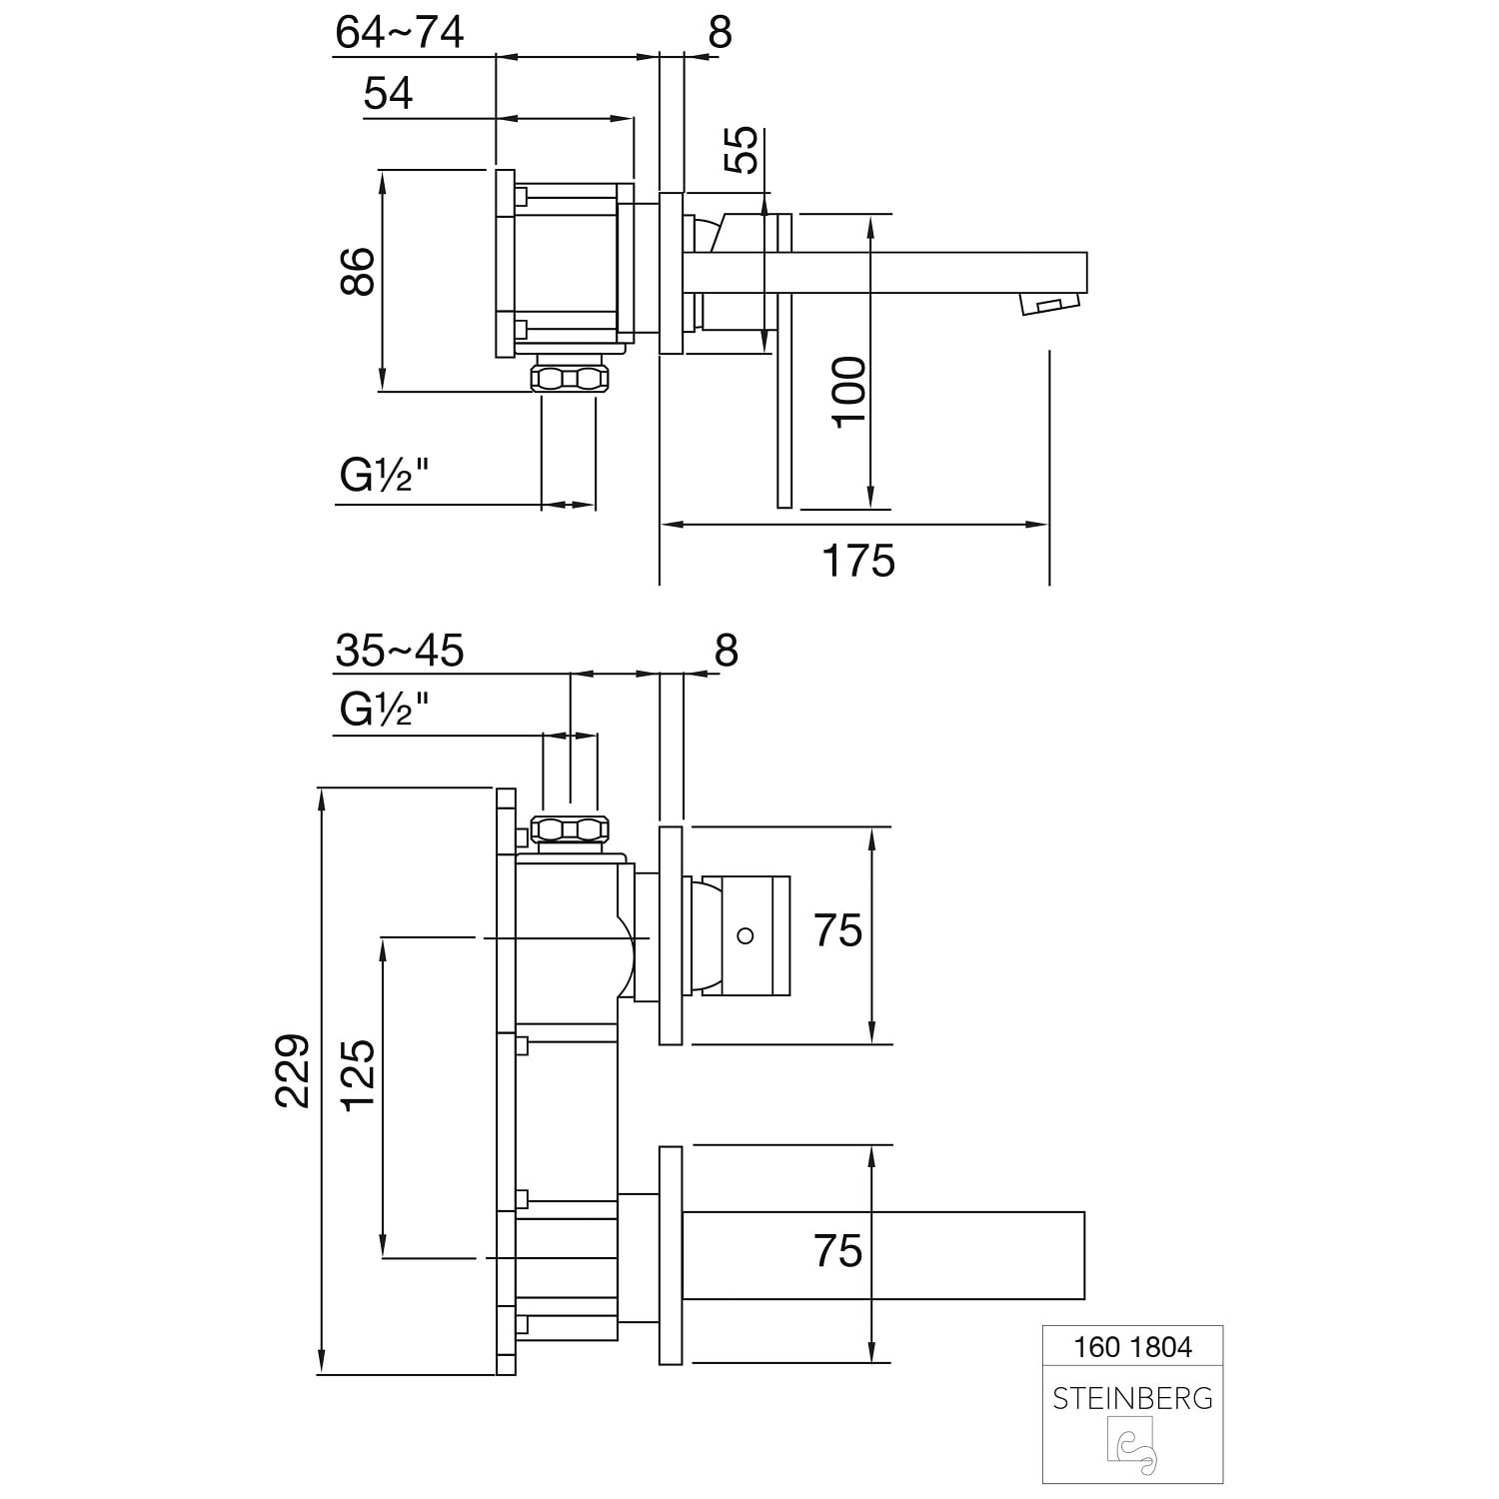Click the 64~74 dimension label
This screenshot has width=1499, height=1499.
[400, 33]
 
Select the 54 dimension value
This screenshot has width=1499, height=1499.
[388, 94]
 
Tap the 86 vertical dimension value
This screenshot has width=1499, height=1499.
[358, 271]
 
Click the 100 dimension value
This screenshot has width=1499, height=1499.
[851, 391]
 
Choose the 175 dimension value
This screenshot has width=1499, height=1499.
[858, 561]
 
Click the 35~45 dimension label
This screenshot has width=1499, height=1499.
[400, 651]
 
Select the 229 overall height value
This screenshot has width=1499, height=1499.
[293, 1069]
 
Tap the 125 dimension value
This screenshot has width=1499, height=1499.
[358, 1071]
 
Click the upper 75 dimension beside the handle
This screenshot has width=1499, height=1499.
[837, 930]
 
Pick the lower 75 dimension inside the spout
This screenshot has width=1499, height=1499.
[837, 1251]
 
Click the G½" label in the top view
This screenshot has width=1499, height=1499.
[385, 477]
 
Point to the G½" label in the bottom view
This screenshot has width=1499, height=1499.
[385, 710]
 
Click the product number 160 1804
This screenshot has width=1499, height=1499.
[1133, 1347]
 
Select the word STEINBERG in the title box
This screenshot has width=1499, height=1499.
[1133, 1398]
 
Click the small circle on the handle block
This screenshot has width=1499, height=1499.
[744, 936]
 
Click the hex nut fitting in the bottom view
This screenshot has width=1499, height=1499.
[570, 829]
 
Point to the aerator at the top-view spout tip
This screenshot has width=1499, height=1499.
[1049, 304]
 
